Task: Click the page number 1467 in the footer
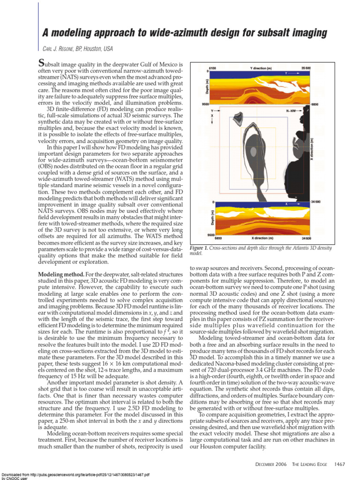point(339,464)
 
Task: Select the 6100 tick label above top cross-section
point(212,68)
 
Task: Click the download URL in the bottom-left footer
point(75,474)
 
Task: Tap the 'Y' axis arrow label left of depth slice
point(212,111)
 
